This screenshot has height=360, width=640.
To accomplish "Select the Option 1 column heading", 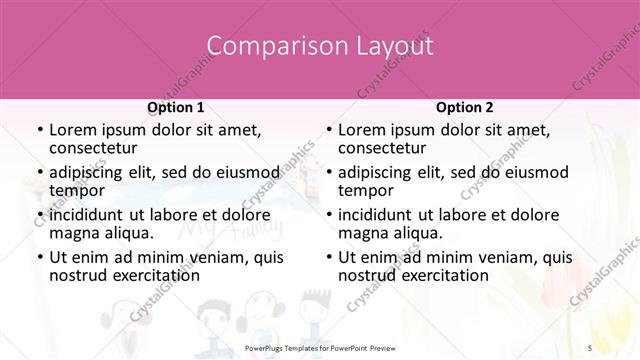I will click(x=176, y=107).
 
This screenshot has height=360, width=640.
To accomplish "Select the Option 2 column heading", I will click(x=465, y=107).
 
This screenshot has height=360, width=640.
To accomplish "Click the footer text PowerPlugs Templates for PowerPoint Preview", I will click(x=320, y=345).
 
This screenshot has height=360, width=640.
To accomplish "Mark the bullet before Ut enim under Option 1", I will click(x=38, y=256).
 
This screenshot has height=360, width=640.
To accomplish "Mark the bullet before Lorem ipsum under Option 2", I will click(x=328, y=130).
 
